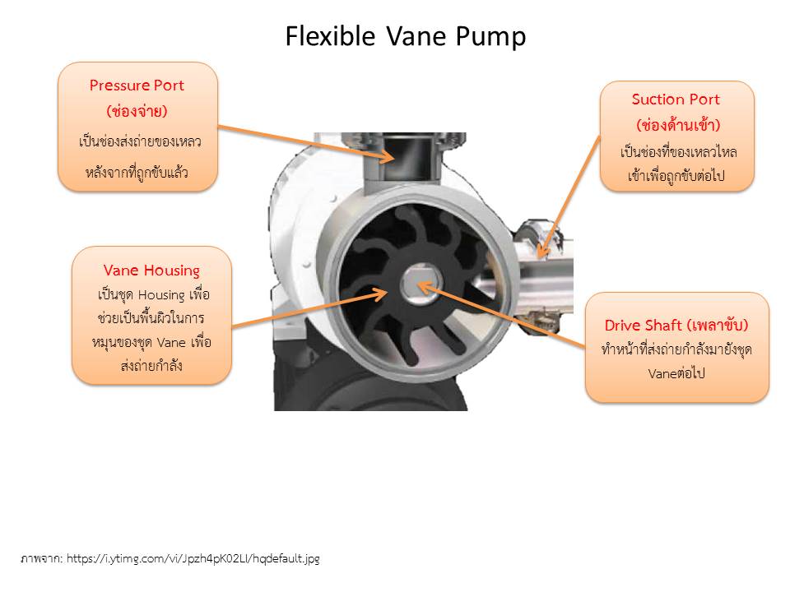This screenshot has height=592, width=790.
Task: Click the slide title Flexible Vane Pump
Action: [406, 36]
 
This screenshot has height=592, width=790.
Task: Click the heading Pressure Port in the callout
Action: [137, 85]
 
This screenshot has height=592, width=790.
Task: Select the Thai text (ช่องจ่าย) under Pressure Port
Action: [137, 109]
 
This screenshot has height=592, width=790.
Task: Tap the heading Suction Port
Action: [676, 99]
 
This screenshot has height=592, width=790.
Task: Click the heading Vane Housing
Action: [151, 270]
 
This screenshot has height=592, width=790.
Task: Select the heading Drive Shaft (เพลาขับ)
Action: [676, 325]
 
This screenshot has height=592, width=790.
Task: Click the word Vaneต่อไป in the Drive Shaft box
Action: [676, 372]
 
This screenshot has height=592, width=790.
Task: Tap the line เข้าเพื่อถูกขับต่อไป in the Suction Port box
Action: [676, 176]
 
